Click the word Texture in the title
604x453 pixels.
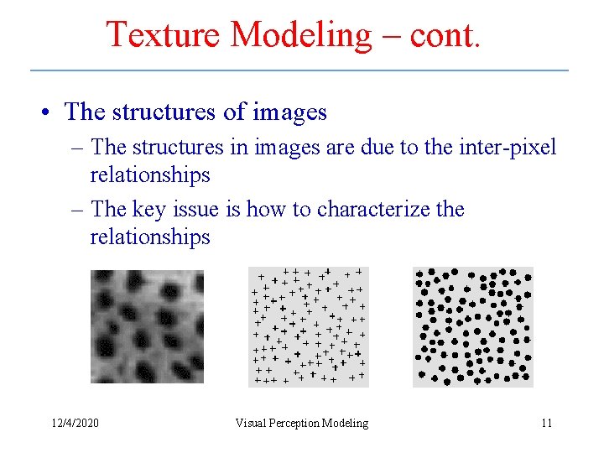click(163, 35)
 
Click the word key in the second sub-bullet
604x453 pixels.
click(153, 209)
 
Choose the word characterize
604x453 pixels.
click(377, 209)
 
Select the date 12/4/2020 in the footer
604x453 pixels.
click(75, 423)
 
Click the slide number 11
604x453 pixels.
click(546, 423)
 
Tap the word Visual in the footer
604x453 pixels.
click(251, 423)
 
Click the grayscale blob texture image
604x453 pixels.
click(147, 326)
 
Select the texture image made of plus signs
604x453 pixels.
click(309, 326)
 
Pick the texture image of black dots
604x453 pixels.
click(472, 326)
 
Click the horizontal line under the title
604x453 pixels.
click(299, 70)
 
